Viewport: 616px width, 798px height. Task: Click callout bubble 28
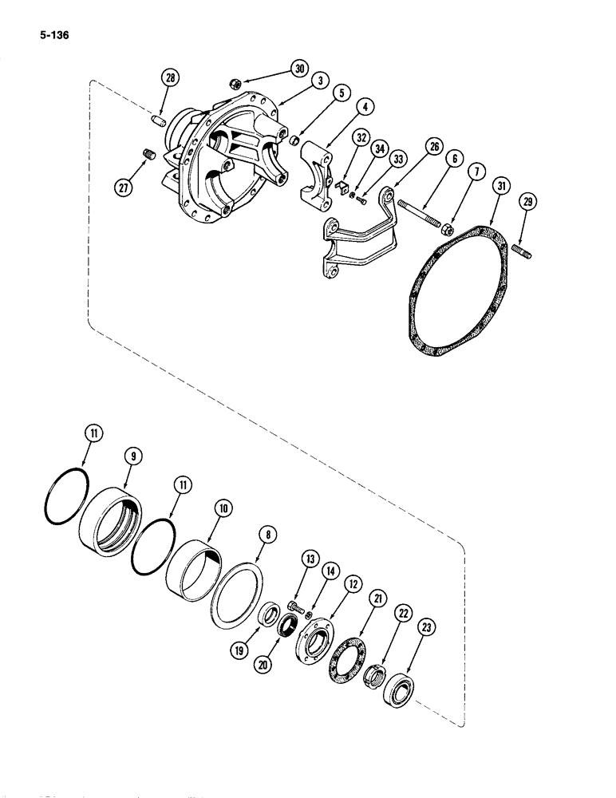(169, 78)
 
